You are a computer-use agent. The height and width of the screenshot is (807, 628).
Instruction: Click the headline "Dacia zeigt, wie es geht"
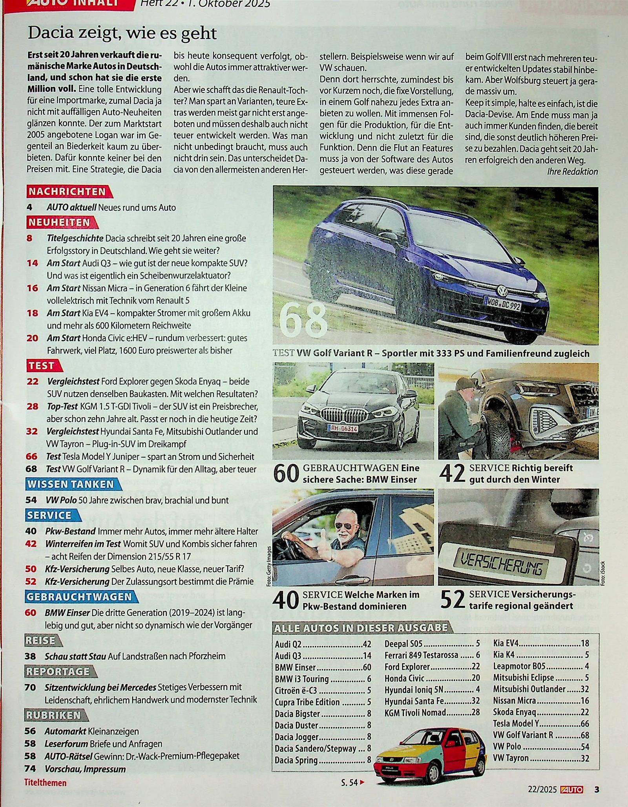click(122, 34)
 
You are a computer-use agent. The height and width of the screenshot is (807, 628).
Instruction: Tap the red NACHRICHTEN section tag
click(68, 192)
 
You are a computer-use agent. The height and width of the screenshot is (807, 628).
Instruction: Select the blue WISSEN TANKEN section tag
click(71, 484)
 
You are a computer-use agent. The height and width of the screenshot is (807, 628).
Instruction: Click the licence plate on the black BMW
click(344, 429)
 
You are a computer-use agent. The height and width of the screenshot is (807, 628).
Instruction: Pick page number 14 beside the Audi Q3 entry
click(32, 263)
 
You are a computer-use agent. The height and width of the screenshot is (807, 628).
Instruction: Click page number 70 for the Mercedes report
click(30, 687)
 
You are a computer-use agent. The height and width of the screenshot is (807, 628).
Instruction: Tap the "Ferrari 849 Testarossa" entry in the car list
click(421, 655)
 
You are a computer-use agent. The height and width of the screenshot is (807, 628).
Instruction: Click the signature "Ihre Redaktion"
click(572, 172)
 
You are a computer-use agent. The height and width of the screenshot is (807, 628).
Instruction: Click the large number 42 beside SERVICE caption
click(452, 473)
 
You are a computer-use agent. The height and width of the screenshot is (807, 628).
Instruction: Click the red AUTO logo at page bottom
click(572, 789)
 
